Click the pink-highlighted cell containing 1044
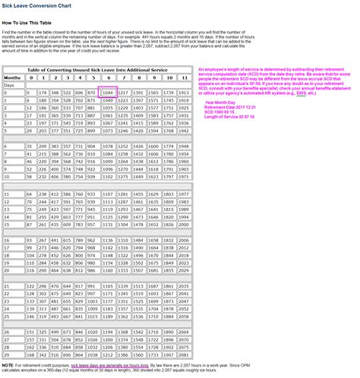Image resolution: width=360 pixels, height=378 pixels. click(x=107, y=92)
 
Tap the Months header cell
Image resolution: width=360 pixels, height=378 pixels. click(x=12, y=77)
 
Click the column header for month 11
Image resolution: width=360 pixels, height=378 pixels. click(x=185, y=77)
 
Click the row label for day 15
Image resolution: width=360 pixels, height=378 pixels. click(x=7, y=225)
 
